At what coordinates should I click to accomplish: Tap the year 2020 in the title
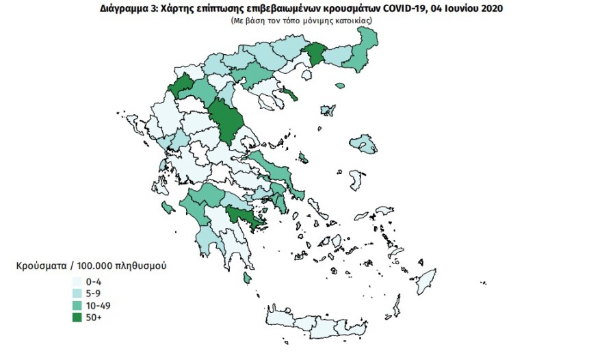tap(492, 9)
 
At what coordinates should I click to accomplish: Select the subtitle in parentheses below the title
tap(300, 21)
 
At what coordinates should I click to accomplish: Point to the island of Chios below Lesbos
tap(356, 180)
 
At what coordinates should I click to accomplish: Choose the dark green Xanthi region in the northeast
tap(317, 53)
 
